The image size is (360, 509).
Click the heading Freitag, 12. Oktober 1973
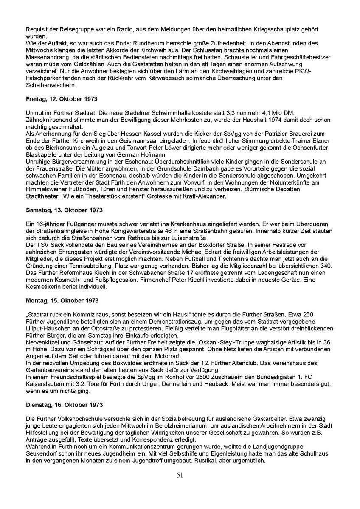[x=62, y=99]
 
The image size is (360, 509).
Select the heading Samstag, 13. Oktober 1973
[x=64, y=210]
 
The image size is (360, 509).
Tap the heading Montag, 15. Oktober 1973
[x=62, y=301]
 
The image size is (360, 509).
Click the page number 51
[x=180, y=475]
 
